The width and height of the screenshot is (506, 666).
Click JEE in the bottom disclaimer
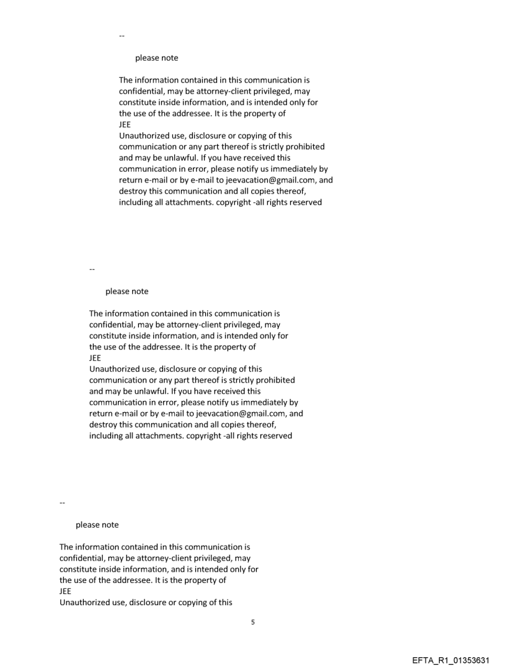point(66,591)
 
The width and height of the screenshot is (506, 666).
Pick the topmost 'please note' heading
point(156,58)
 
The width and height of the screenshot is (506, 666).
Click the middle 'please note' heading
point(126,290)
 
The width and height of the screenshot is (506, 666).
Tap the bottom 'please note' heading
point(97,524)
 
